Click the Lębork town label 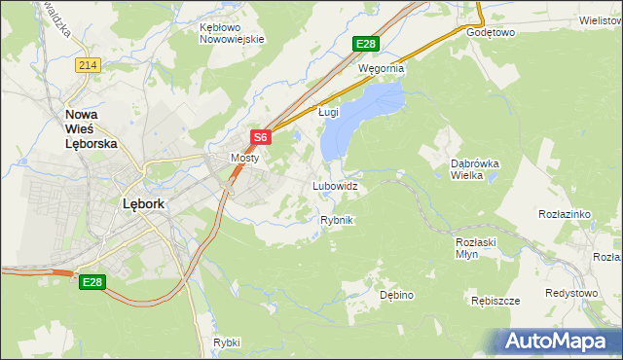click(143, 204)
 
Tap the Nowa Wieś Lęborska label click(91, 126)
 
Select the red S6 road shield click(260, 138)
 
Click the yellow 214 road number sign click(89, 64)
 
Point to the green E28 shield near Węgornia click(365, 44)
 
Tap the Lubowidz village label click(335, 185)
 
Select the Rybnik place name click(336, 221)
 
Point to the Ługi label click(329, 112)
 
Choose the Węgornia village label click(381, 69)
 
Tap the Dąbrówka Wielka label click(474, 170)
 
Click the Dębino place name click(397, 294)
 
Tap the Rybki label click(226, 342)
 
